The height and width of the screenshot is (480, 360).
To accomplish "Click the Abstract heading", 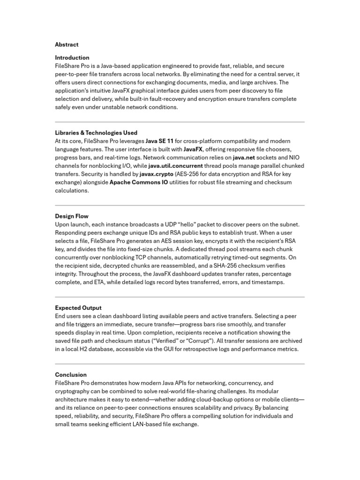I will (x=67, y=45).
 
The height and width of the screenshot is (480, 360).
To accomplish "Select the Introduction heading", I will (x=72, y=58).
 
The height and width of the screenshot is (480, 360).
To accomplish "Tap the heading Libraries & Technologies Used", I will (x=96, y=133).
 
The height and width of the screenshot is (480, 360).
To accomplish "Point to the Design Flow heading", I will (x=72, y=216).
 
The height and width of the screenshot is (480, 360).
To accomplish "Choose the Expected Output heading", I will (x=78, y=308).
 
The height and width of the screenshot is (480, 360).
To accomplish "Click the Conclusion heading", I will (x=71, y=375).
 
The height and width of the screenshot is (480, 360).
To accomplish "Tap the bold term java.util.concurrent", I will (x=176, y=166).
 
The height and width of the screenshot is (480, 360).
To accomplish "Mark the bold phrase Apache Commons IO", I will (x=138, y=182).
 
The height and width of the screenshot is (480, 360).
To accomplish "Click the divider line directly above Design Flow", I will (x=180, y=205).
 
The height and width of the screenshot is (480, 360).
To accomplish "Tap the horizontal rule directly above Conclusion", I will (x=180, y=364).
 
